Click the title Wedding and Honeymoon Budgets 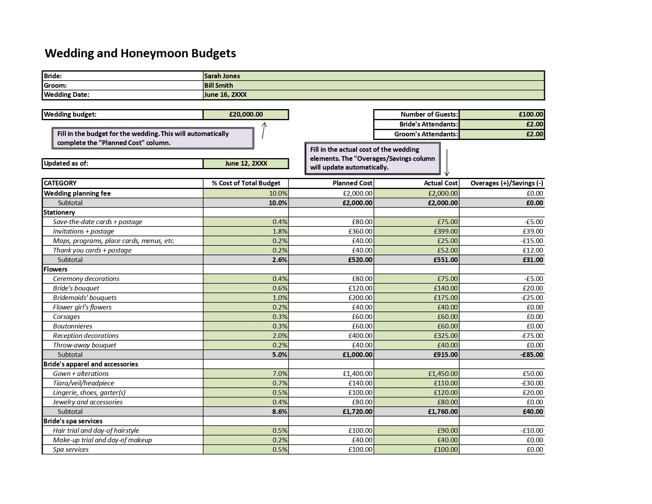(x=140, y=53)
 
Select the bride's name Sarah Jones (x=222, y=76)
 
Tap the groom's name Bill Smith (x=219, y=85)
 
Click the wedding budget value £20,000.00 (x=246, y=115)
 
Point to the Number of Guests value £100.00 (x=531, y=115)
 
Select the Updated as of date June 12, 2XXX (x=246, y=164)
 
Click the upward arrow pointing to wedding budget (x=264, y=130)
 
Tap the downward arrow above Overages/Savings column (x=447, y=162)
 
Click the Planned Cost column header (x=352, y=183)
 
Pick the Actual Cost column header (x=440, y=183)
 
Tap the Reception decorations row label (x=86, y=336)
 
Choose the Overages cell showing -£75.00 (x=532, y=336)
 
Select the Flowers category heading (x=55, y=270)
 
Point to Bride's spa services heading (x=73, y=421)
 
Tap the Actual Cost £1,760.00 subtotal (x=443, y=412)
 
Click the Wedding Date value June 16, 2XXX (x=225, y=95)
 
